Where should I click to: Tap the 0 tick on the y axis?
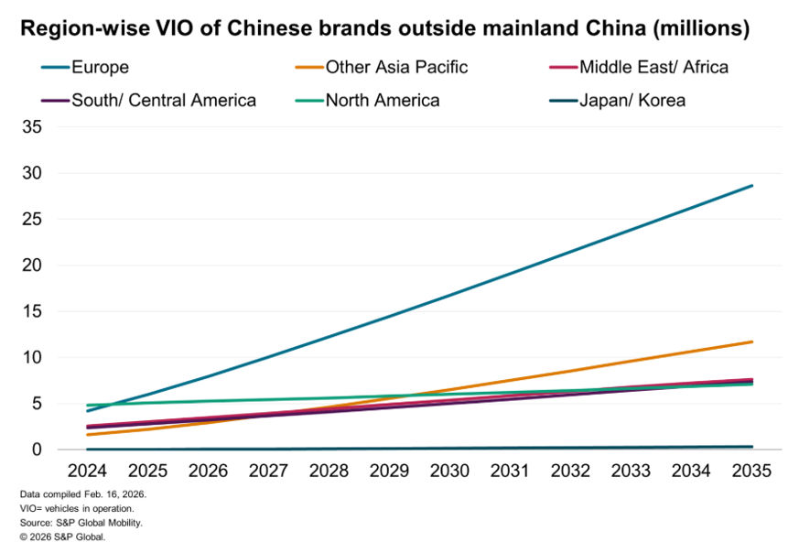(x=37, y=450)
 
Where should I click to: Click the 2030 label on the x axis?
(x=449, y=471)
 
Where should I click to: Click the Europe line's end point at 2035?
(x=752, y=185)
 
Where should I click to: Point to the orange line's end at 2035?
(x=752, y=342)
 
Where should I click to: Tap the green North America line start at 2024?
(x=87, y=405)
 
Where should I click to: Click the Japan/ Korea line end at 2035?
(x=752, y=447)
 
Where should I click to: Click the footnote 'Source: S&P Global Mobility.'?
(x=81, y=522)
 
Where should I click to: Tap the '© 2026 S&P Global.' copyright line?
(x=62, y=537)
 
